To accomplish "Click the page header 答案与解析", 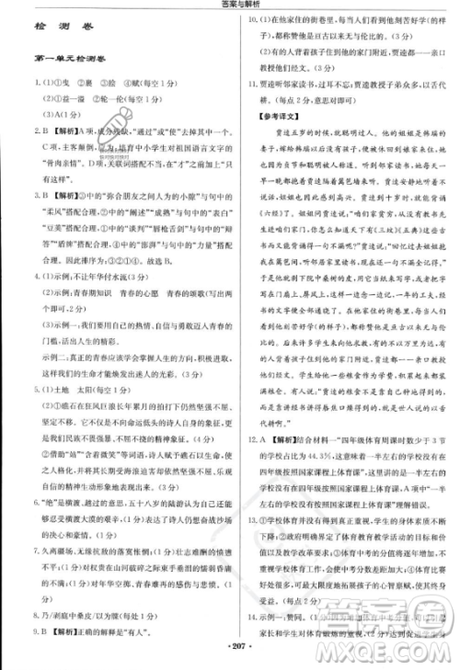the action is pos(229,6).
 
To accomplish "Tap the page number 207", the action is pos(229,660).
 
